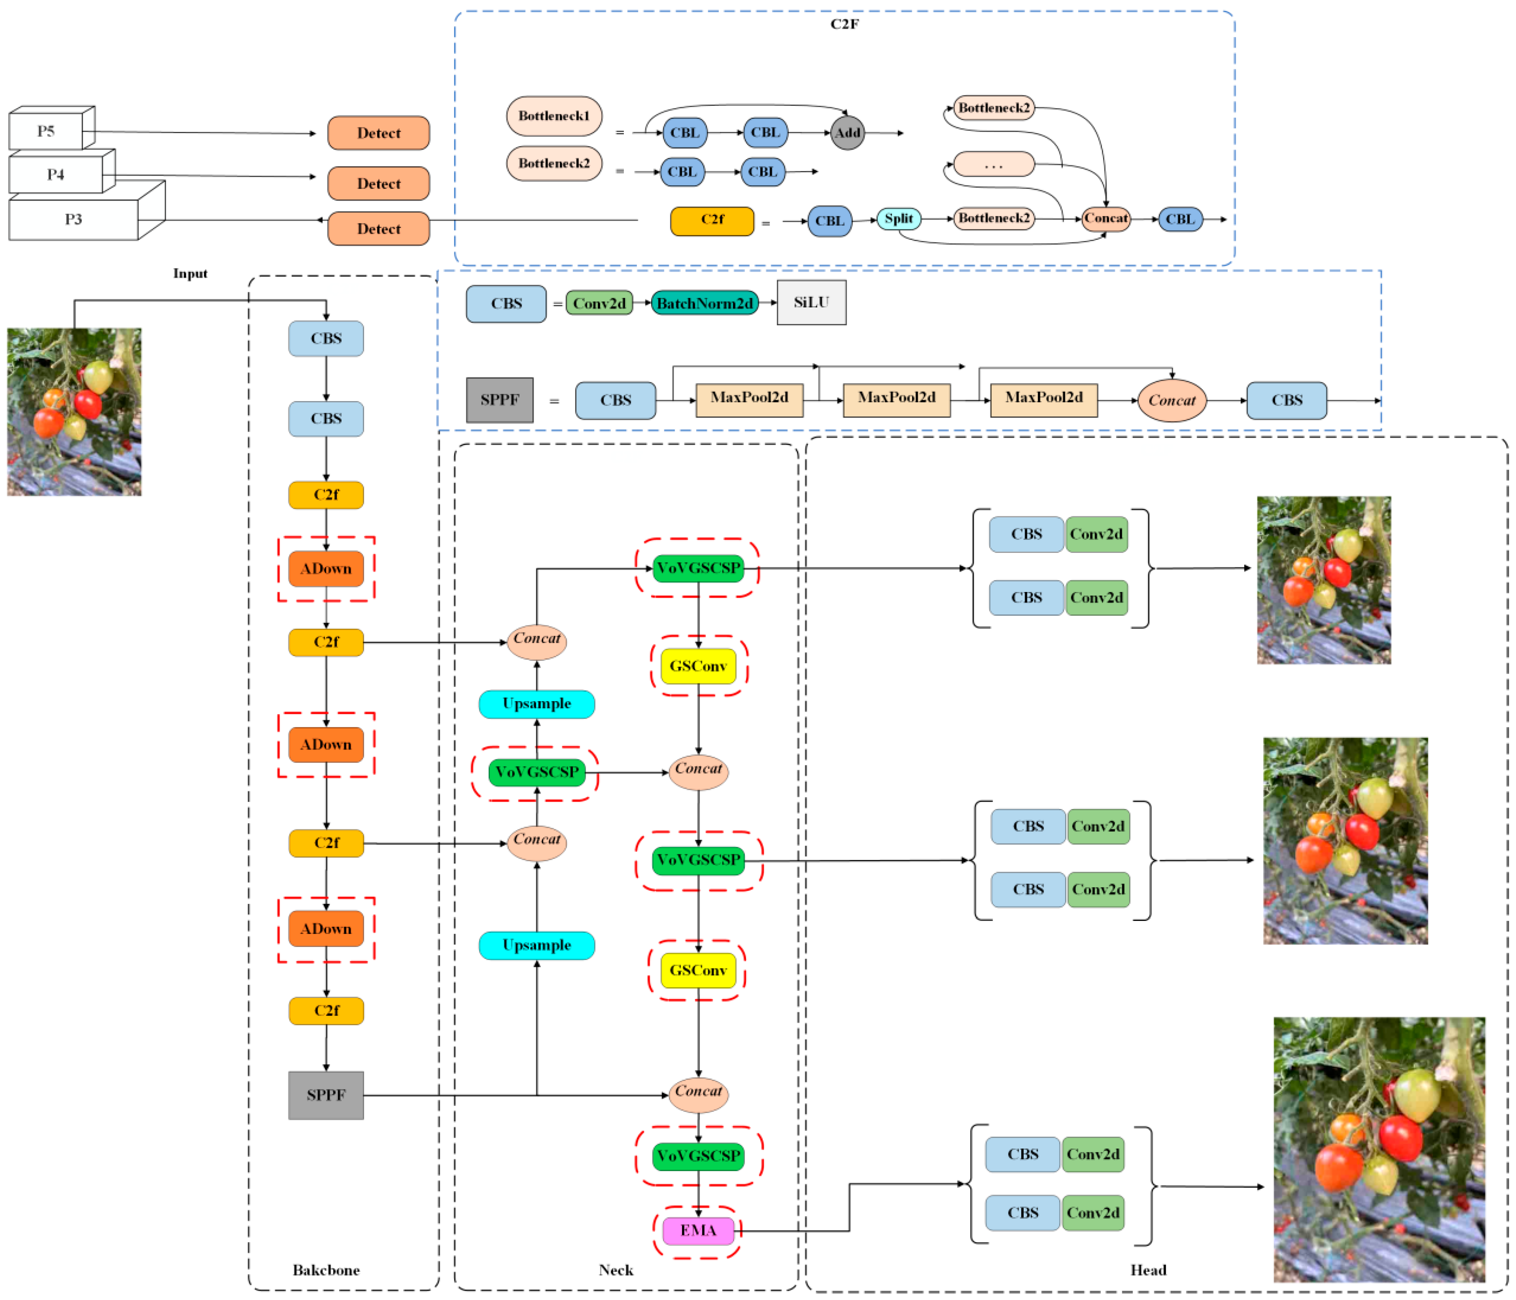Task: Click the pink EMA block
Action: pyautogui.click(x=698, y=1230)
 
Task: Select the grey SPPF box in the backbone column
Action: pyautogui.click(x=326, y=1095)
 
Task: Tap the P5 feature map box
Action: pyautogui.click(x=46, y=131)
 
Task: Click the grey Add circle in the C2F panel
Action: pyautogui.click(x=847, y=132)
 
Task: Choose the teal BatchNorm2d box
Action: pyautogui.click(x=704, y=303)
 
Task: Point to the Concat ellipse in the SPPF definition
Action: pyautogui.click(x=1172, y=400)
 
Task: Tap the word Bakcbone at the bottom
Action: pyautogui.click(x=326, y=1270)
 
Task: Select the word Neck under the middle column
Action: pyautogui.click(x=615, y=1270)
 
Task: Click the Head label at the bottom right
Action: pyautogui.click(x=1148, y=1270)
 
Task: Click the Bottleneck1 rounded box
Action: pyautogui.click(x=554, y=116)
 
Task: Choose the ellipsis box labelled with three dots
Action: pyautogui.click(x=994, y=164)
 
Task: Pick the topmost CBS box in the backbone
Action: pyautogui.click(x=326, y=339)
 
